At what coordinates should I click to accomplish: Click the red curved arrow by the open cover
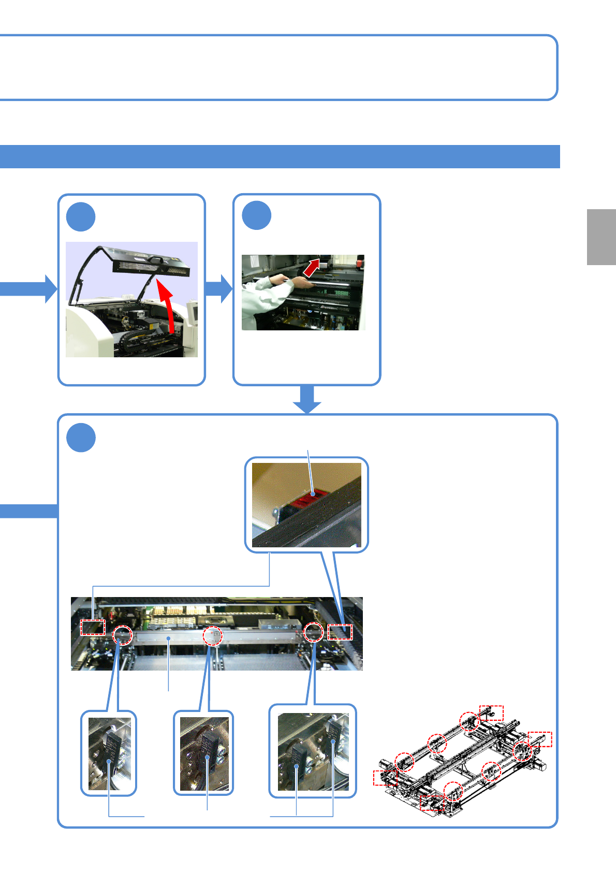coord(167,306)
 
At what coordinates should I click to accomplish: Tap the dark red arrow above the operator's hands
coord(311,268)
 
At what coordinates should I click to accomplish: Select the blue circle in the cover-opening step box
coord(81,217)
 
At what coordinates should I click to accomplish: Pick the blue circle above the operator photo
coord(257,216)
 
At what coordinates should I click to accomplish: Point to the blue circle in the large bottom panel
coord(81,438)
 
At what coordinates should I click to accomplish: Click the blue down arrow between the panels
coord(307,399)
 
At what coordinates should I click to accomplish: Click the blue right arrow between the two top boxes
coord(220,288)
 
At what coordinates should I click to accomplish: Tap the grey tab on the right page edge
coord(602,237)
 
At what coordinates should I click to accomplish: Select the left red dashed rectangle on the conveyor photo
coord(93,627)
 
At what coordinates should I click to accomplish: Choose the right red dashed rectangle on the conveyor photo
coord(340,632)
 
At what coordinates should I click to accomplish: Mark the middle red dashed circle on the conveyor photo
coord(212,636)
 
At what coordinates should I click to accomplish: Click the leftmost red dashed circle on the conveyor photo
coord(123,634)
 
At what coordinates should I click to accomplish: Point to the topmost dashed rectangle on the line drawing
coord(491,713)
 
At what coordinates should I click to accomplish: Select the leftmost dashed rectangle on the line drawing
coord(385,778)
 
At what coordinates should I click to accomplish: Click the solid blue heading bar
coord(280,156)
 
